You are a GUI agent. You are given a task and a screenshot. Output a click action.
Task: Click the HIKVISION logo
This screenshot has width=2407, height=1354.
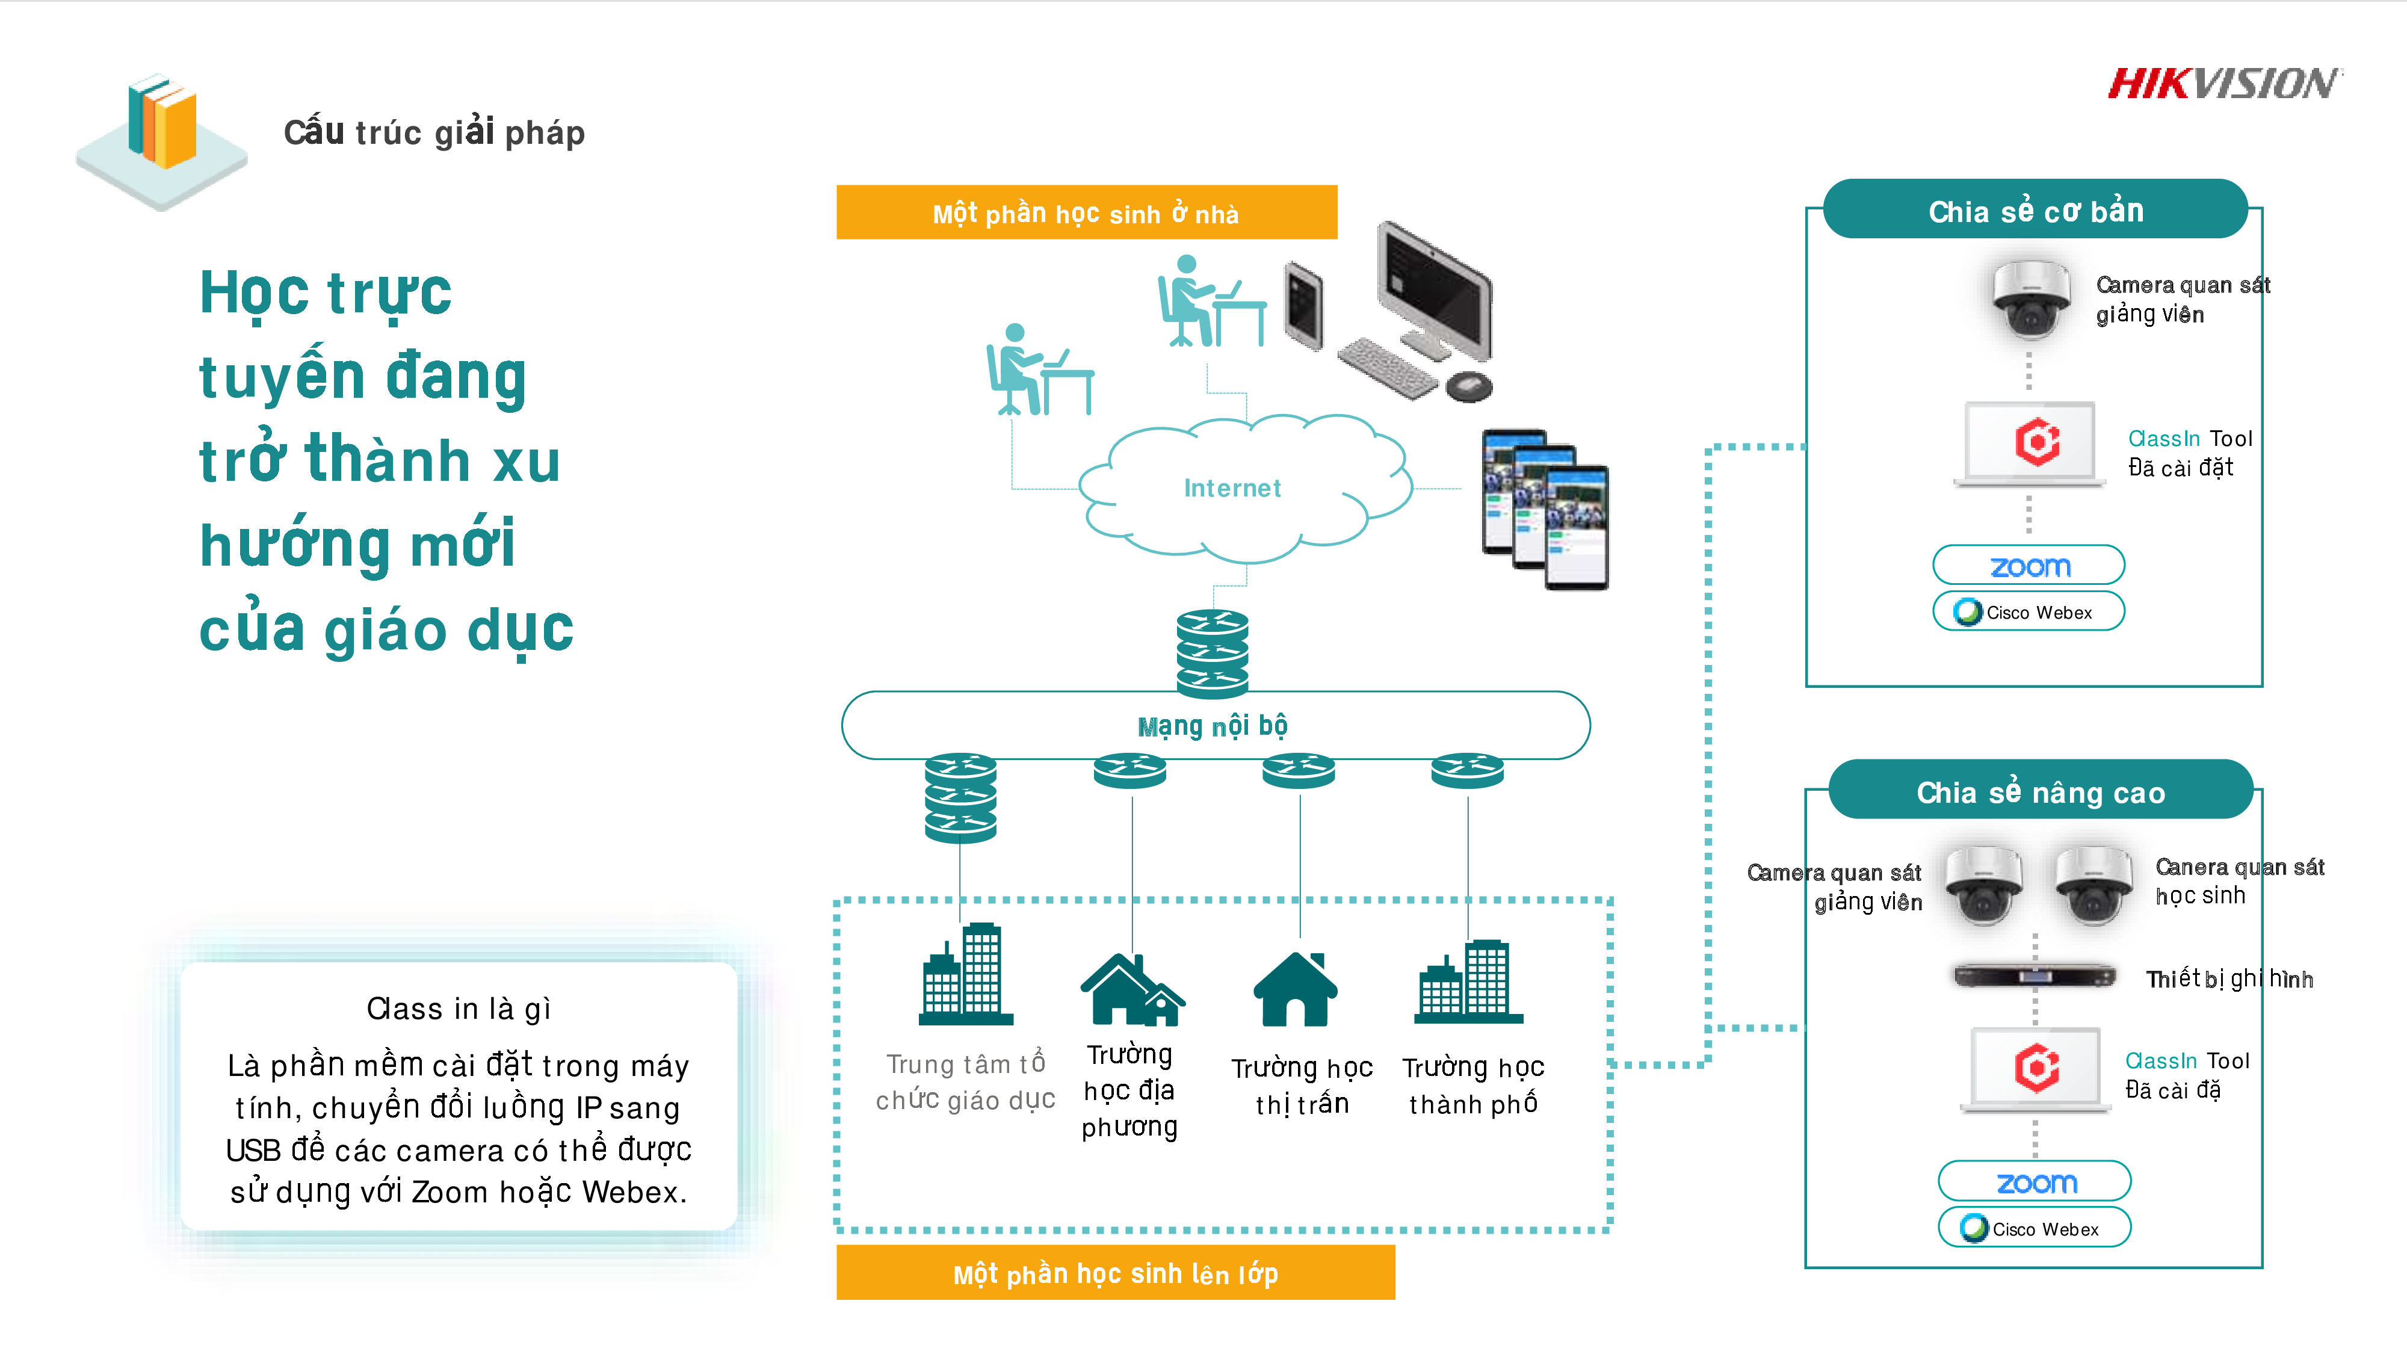pyautogui.click(x=2224, y=84)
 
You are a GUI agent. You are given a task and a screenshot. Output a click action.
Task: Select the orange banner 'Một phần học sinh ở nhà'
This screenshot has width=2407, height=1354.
pyautogui.click(x=1086, y=213)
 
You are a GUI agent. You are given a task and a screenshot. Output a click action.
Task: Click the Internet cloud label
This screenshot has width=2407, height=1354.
pyautogui.click(x=1232, y=488)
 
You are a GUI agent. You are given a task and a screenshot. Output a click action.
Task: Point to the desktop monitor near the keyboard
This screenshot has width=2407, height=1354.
pyautogui.click(x=1435, y=289)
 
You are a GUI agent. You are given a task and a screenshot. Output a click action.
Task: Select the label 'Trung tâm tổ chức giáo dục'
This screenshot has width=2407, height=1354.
pyautogui.click(x=965, y=1082)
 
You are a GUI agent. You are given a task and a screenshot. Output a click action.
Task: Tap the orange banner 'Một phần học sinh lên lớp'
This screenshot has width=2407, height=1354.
pyautogui.click(x=1114, y=1273)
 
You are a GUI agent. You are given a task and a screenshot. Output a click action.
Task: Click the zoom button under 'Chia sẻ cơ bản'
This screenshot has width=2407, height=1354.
pyautogui.click(x=2028, y=565)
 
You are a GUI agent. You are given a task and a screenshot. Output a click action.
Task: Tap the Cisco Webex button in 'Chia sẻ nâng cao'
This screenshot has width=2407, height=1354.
pyautogui.click(x=2034, y=1228)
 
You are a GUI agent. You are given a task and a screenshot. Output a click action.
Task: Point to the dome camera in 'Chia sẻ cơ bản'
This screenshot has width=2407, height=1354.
pyautogui.click(x=2030, y=299)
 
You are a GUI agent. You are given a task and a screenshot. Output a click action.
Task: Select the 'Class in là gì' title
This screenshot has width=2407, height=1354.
pyautogui.click(x=458, y=1008)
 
